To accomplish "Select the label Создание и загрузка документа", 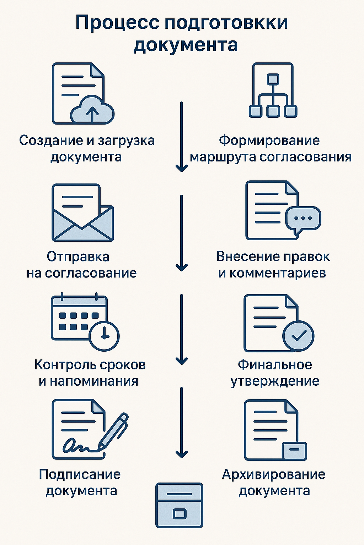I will click(x=86, y=149).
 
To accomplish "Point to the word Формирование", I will click(x=269, y=141).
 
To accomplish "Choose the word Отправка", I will click(x=78, y=257).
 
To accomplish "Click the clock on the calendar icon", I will click(x=104, y=335).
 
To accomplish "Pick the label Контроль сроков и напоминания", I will click(x=90, y=373).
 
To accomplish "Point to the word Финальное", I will click(x=275, y=365).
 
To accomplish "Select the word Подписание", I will click(x=80, y=474).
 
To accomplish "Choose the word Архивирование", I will click(x=273, y=474).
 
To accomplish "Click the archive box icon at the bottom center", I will click(x=179, y=505).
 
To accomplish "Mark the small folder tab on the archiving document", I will click(x=294, y=451).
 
